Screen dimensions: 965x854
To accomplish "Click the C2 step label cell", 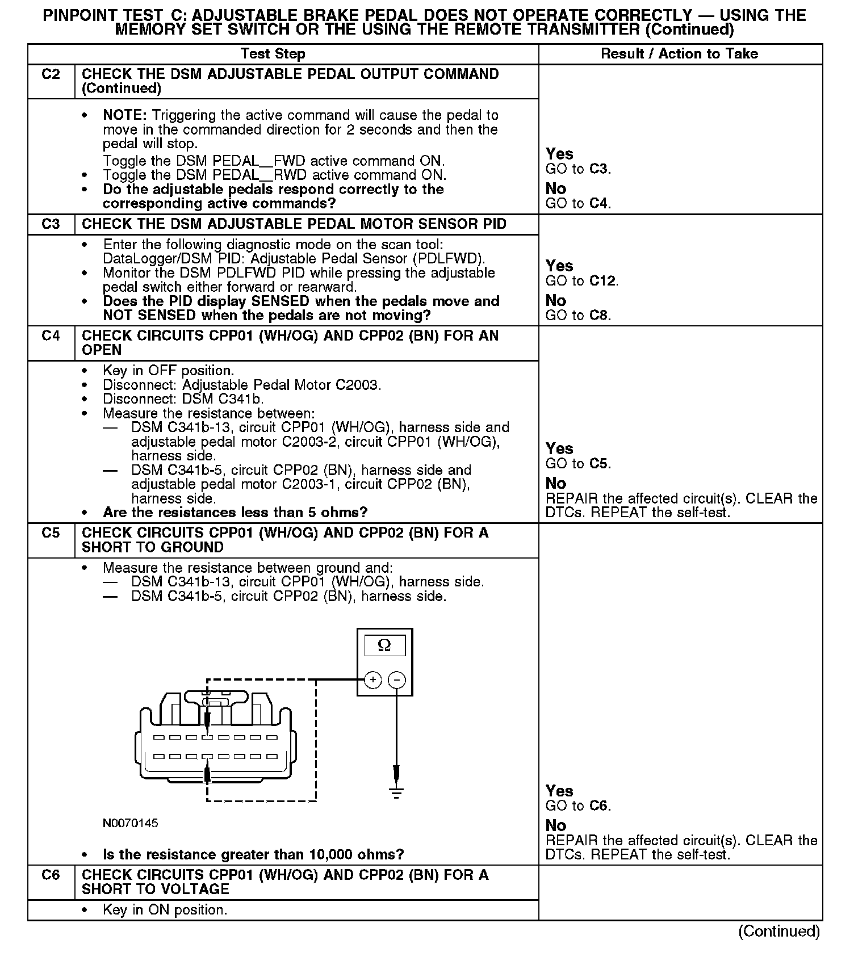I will [x=51, y=74].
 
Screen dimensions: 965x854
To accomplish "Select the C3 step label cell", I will [x=51, y=224].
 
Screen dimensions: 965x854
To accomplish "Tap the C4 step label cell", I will [x=51, y=336].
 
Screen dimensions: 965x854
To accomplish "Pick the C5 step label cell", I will [x=51, y=533].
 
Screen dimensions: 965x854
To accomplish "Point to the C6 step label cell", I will [x=51, y=875].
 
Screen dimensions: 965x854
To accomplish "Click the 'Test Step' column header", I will [x=273, y=54].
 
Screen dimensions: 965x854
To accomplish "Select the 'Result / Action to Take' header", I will [x=679, y=54].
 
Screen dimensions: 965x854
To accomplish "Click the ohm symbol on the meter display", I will [x=384, y=645].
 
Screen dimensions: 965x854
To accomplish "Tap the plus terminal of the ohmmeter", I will [x=372, y=679].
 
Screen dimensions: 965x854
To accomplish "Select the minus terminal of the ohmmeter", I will [x=397, y=679].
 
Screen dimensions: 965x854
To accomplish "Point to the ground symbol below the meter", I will [x=397, y=792].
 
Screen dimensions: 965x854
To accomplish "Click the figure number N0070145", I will [x=131, y=823].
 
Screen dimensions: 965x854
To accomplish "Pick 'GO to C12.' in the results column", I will [x=581, y=281].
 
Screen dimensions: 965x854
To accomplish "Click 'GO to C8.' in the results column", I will [x=578, y=316].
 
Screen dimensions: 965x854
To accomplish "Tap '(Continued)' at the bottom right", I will [x=779, y=931].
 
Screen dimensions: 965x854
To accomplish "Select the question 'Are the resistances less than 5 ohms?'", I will [x=235, y=513].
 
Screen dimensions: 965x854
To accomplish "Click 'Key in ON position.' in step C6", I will [x=165, y=910].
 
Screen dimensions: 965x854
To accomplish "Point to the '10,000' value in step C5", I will [x=334, y=854].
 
